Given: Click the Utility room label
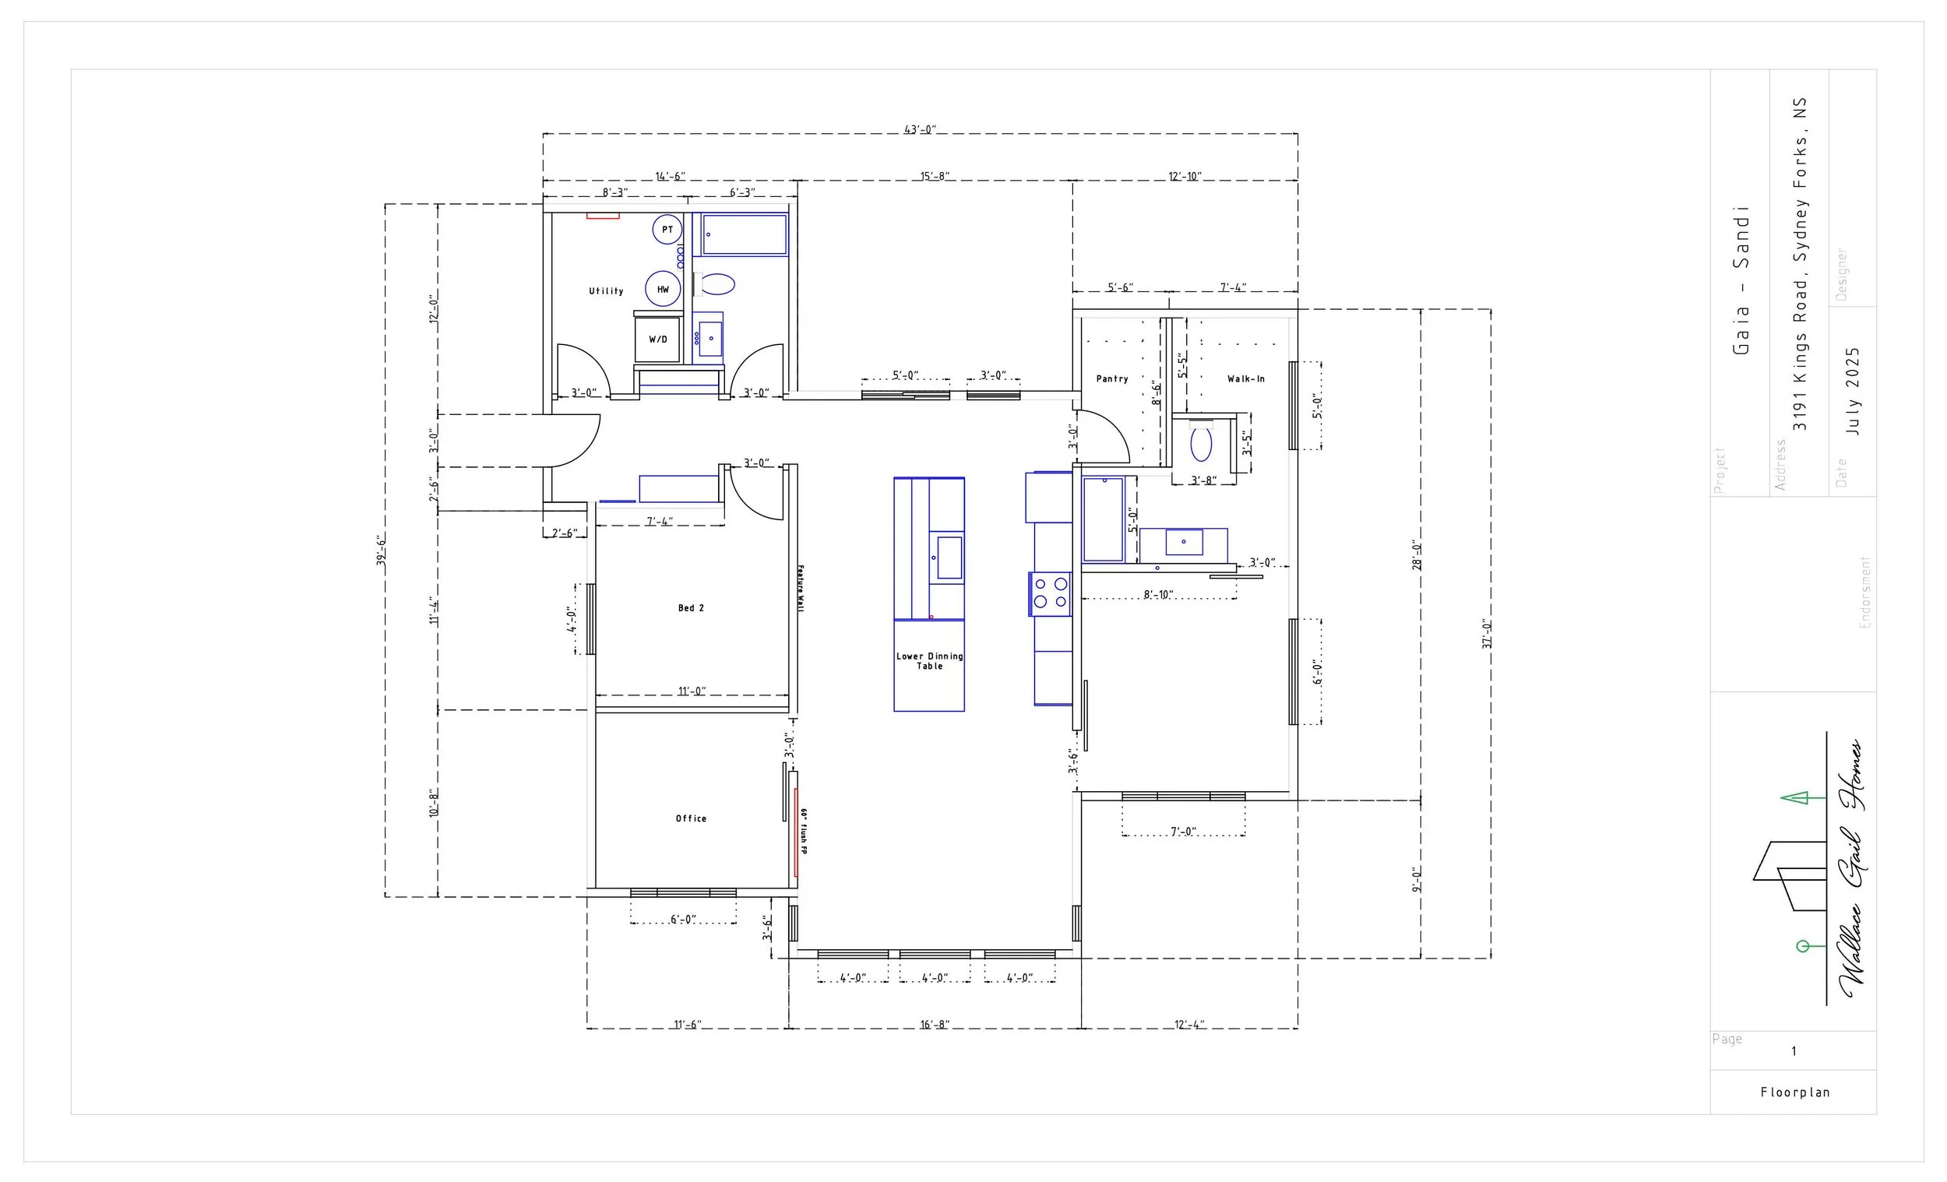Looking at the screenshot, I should [606, 291].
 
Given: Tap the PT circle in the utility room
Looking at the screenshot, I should [667, 230].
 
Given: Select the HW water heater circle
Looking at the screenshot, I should [663, 289].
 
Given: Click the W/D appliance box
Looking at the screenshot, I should [657, 339].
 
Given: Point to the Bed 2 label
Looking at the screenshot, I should [691, 607].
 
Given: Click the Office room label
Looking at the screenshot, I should [691, 818].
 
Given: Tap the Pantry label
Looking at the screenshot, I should [1112, 379].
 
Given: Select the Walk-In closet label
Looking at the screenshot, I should [1245, 379].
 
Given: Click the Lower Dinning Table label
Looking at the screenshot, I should [929, 660].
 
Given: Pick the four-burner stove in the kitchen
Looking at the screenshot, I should [1049, 593].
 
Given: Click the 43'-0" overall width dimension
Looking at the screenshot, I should [920, 129].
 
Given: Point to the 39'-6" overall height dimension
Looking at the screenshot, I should [381, 550].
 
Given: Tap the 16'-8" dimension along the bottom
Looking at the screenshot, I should [934, 1025].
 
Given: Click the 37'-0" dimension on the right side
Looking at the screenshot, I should [1486, 634].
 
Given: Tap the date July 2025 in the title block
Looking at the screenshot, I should [1853, 391].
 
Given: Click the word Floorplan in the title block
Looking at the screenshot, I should [1795, 1092].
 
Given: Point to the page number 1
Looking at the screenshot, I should [1794, 1052].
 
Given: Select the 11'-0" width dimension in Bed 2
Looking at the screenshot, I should [692, 691].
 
